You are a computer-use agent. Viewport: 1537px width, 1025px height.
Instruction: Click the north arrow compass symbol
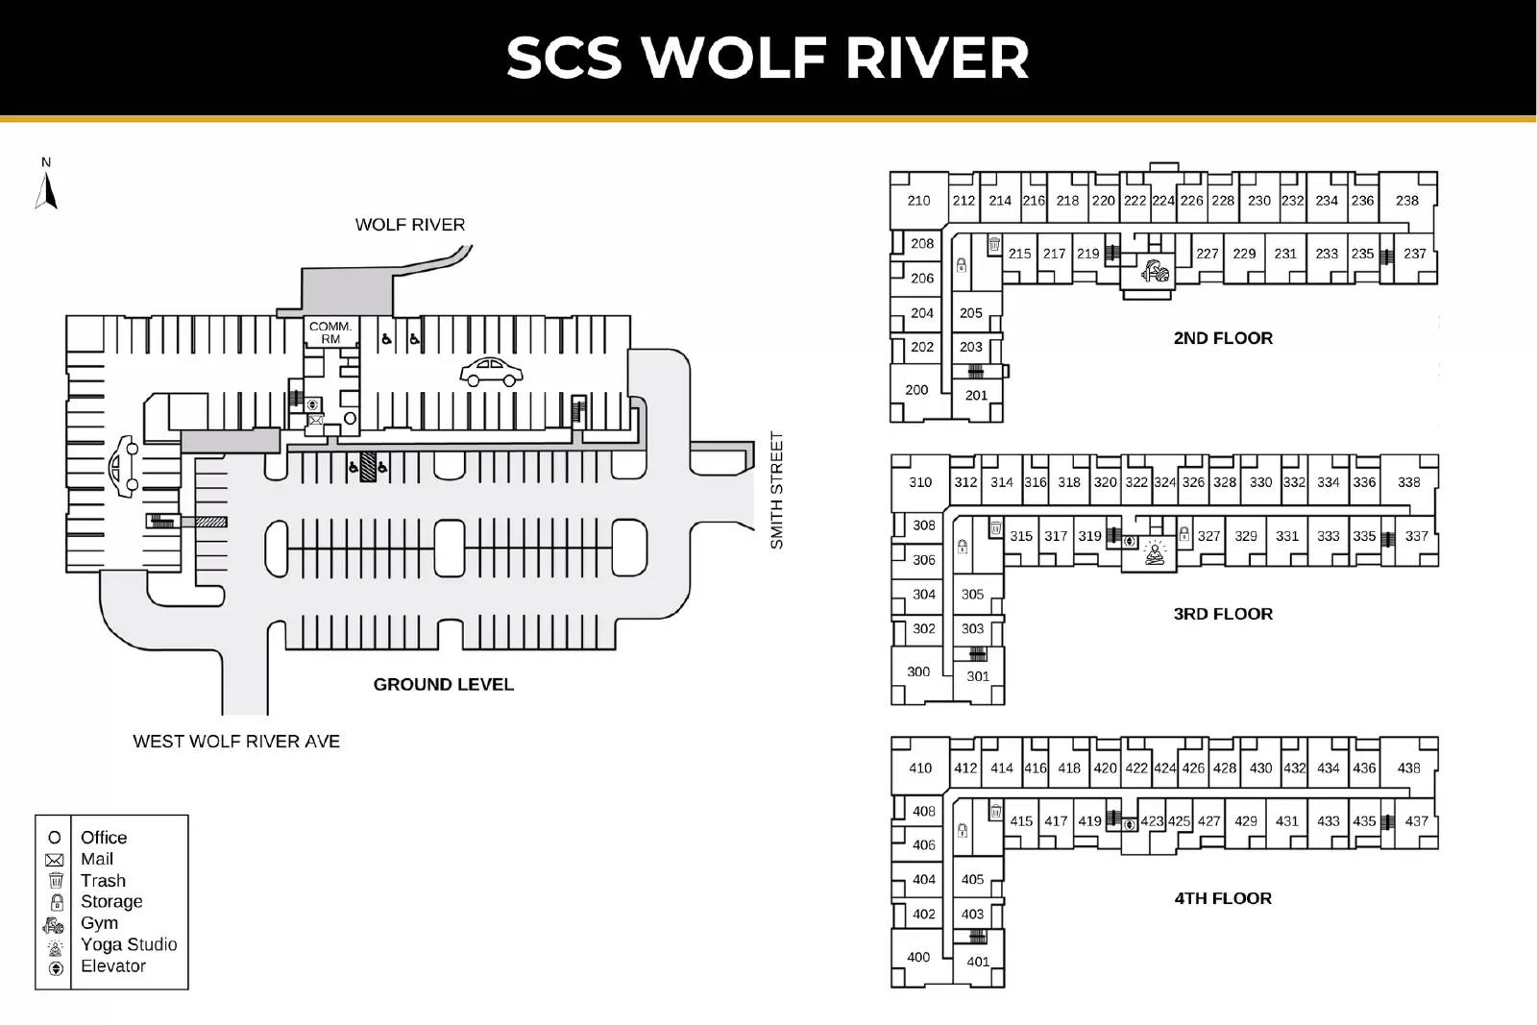(x=46, y=187)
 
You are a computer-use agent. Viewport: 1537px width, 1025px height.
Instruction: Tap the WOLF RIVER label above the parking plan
(x=410, y=225)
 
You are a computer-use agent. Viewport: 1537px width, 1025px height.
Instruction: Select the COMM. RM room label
(x=330, y=332)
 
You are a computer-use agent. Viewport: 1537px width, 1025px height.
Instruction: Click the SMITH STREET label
(x=777, y=490)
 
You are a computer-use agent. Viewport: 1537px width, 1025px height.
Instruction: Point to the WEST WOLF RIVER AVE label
(x=236, y=742)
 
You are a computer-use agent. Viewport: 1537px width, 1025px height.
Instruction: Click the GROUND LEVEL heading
(x=444, y=685)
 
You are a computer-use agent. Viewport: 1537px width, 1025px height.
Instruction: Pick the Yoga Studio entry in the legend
(x=128, y=945)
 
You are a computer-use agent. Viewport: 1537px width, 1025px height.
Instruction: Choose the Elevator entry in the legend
(x=112, y=966)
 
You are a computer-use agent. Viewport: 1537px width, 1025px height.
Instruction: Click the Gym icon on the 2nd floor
(x=1155, y=270)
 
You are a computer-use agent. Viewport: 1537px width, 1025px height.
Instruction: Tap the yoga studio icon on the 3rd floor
(x=1156, y=554)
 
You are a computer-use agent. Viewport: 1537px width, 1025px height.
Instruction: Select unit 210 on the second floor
(x=918, y=201)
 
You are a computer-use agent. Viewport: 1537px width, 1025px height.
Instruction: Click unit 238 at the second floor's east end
(x=1407, y=201)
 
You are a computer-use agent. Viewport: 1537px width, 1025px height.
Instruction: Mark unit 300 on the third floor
(x=918, y=672)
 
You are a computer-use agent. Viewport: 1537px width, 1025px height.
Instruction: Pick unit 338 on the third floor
(x=1409, y=482)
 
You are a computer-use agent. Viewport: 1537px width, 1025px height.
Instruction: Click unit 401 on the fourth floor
(x=978, y=962)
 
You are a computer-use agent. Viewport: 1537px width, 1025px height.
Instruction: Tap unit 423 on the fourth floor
(x=1152, y=821)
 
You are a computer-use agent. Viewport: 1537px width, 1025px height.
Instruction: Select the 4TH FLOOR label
(x=1223, y=899)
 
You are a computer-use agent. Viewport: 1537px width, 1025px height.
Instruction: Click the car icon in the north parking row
(x=491, y=371)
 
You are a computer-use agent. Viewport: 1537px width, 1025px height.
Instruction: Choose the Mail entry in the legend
(x=96, y=860)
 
